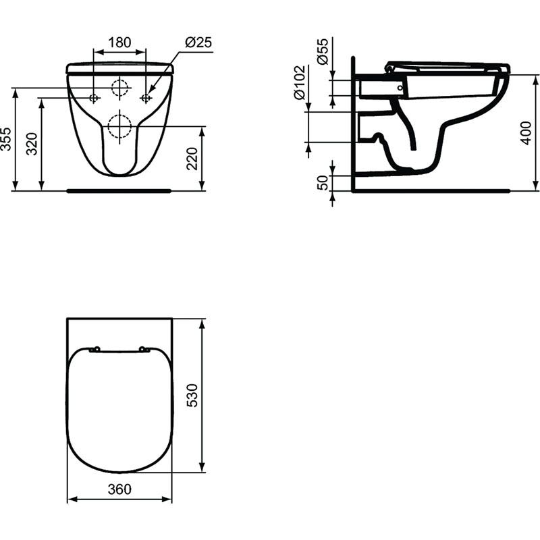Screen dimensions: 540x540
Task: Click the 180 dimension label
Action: pos(119,43)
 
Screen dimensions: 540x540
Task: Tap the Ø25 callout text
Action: pos(198,42)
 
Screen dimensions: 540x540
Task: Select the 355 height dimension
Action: pos(6,139)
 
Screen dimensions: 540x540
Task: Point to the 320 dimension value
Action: pos(32,144)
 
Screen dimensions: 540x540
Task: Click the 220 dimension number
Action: pos(192,159)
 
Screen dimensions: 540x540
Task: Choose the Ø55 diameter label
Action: pos(323,51)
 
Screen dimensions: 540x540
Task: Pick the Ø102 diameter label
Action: pos(300,82)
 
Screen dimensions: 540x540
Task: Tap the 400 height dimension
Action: pos(526,133)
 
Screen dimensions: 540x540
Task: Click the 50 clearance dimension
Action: pos(323,182)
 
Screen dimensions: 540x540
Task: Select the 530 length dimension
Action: pos(192,396)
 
